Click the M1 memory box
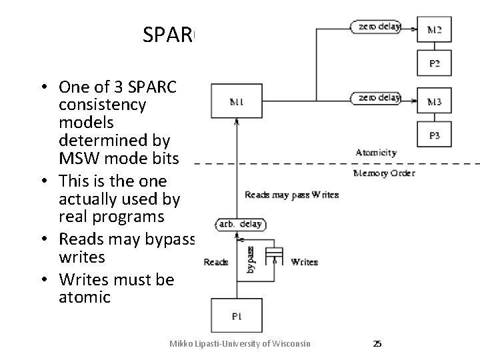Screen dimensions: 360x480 coord(237,103)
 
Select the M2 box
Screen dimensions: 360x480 coord(434,29)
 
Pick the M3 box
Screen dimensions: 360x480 coord(434,101)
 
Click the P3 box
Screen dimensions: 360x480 coord(434,135)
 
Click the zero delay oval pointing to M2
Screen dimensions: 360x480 coord(375,27)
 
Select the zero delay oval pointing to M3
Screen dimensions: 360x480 coord(375,98)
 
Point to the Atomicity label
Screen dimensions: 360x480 coord(376,153)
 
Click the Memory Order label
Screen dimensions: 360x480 coord(383,173)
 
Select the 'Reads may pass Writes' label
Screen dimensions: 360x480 coord(292,195)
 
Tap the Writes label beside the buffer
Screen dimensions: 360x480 coord(304,262)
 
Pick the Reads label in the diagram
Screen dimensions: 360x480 coord(217,262)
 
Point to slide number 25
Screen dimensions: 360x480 coord(377,344)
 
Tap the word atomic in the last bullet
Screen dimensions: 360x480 coord(85,297)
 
